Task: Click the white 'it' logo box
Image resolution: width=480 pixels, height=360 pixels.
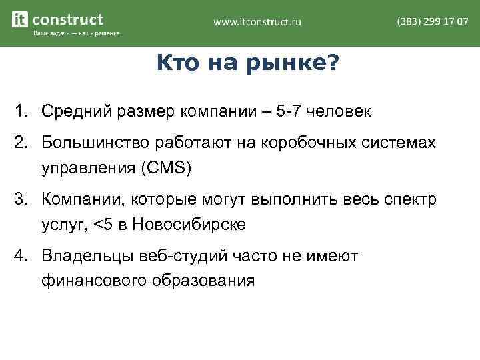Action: pyautogui.click(x=21, y=20)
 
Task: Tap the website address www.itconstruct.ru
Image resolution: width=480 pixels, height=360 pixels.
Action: pyautogui.click(x=257, y=22)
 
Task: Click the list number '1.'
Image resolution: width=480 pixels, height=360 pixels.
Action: pyautogui.click(x=24, y=111)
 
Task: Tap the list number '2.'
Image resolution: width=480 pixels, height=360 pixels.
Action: pyautogui.click(x=24, y=143)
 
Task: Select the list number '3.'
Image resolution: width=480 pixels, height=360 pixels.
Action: pyautogui.click(x=24, y=199)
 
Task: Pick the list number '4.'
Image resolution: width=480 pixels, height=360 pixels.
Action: pyautogui.click(x=24, y=255)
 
